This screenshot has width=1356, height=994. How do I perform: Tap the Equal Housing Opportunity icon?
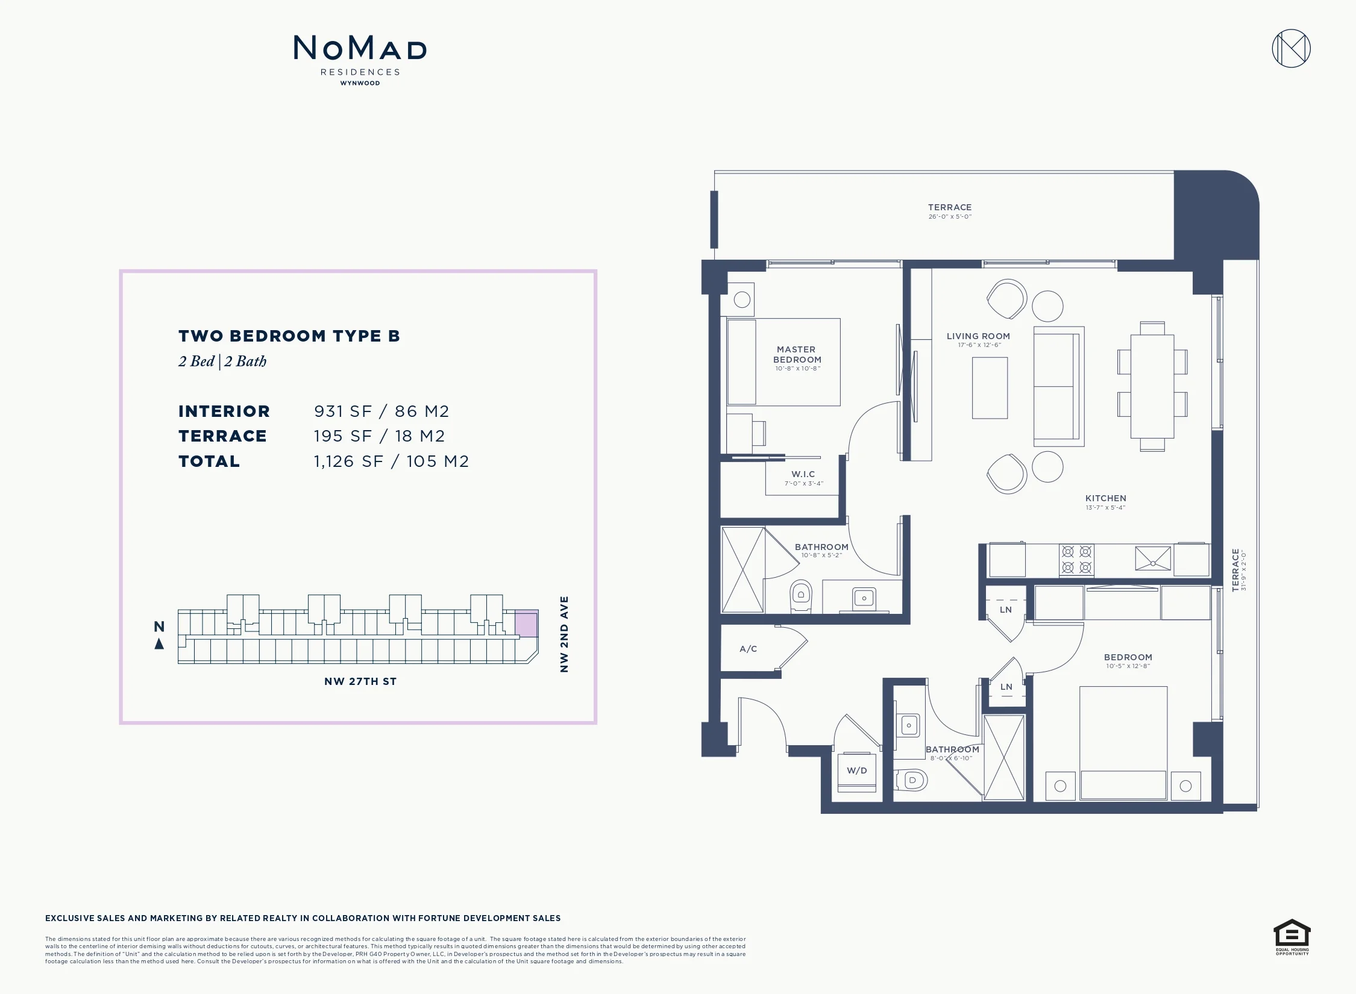point(1292,937)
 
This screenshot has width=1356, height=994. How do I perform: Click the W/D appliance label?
point(856,771)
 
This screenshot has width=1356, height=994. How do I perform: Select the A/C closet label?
point(748,649)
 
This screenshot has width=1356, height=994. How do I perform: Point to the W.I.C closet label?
point(803,474)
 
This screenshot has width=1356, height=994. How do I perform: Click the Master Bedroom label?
point(797,354)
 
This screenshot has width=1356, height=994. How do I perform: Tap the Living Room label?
point(978,336)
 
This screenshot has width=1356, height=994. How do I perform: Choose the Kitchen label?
point(1106,498)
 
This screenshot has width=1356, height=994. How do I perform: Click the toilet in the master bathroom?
point(801,596)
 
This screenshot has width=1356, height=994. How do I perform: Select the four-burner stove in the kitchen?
point(1077,560)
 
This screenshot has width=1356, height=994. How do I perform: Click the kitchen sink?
point(1153,558)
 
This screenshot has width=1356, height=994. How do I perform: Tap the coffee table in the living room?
point(990,388)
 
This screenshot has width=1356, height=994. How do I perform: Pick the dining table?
point(1152,386)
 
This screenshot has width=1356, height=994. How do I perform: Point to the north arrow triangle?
point(159,644)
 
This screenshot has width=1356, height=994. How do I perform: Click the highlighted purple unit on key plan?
point(526,624)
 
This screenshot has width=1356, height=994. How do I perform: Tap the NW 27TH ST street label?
point(360,681)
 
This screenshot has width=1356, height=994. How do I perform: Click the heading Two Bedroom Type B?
point(289,336)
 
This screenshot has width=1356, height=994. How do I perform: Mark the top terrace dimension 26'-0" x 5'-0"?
point(950,217)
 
